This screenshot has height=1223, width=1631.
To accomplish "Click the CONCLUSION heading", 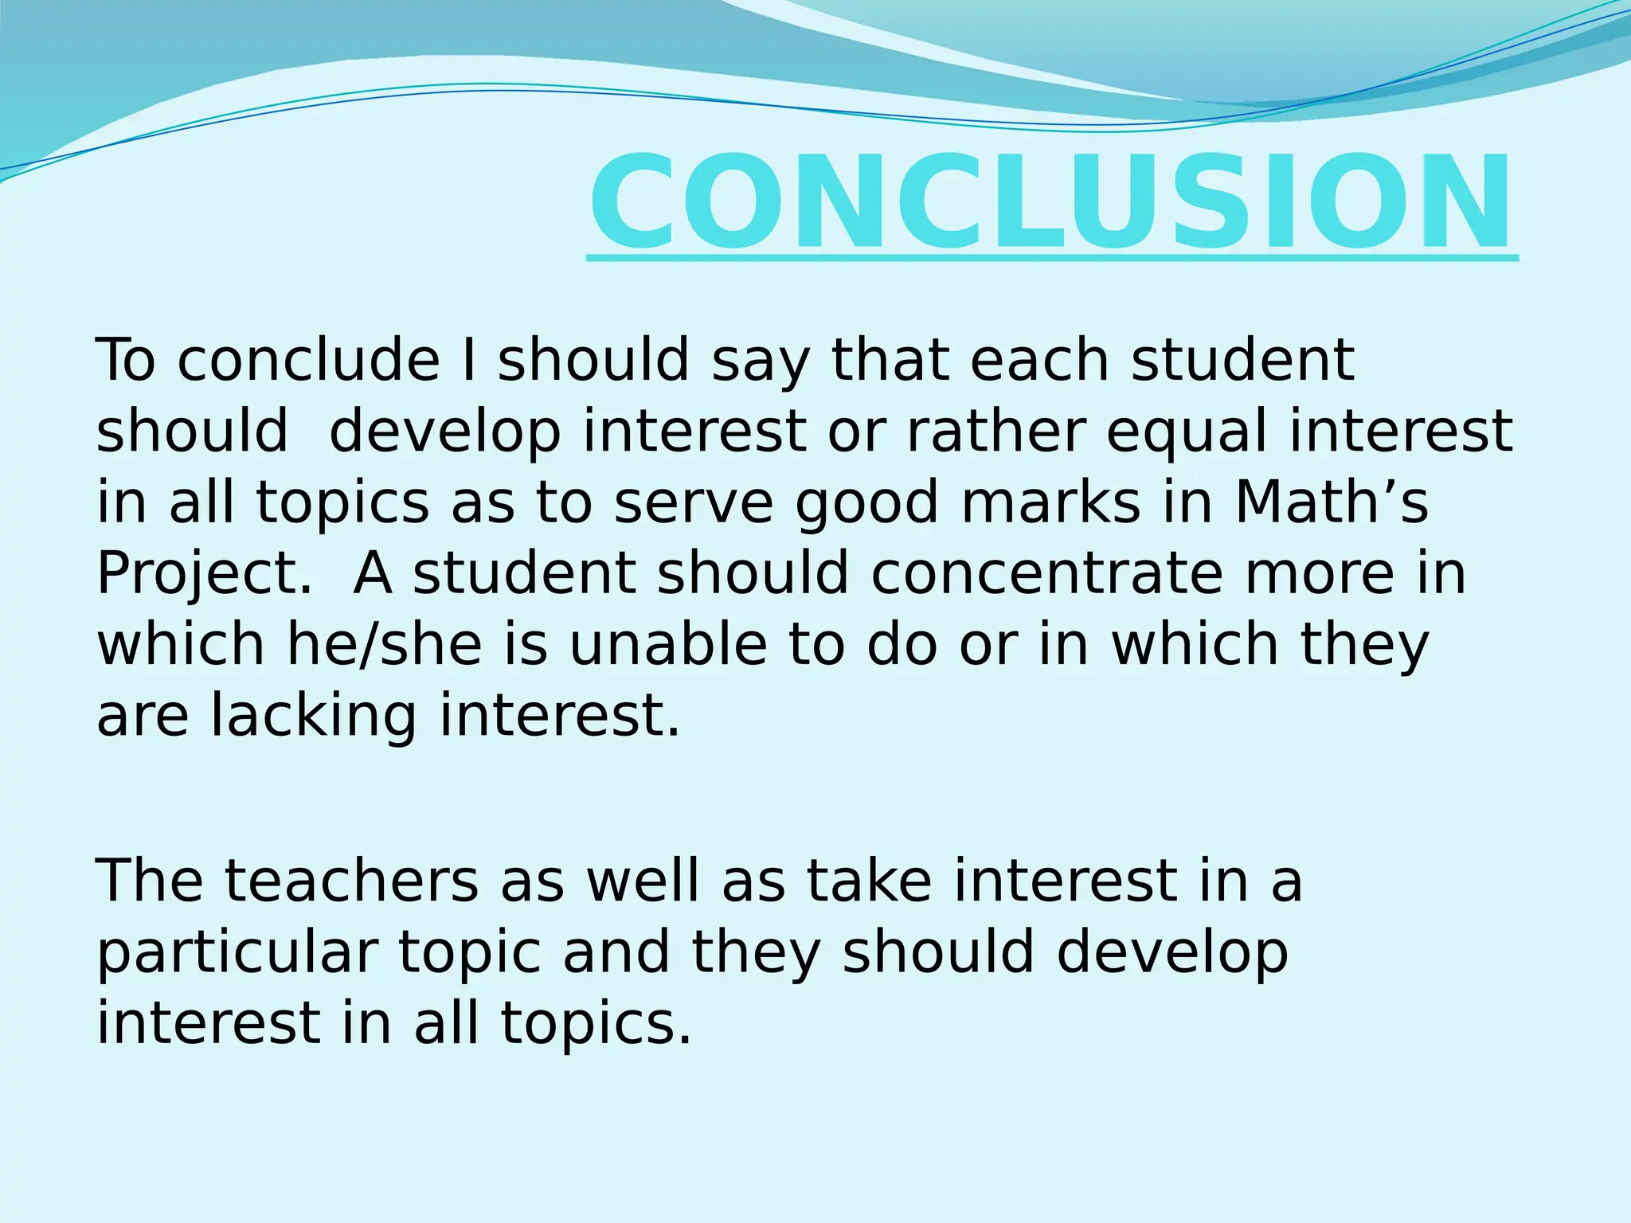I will click(x=1050, y=202).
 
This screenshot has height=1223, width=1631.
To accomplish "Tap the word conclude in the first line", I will click(x=308, y=360).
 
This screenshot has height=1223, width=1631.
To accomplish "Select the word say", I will click(x=760, y=360).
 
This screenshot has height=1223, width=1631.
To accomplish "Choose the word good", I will click(x=867, y=503).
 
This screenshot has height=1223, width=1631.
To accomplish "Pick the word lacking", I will click(x=313, y=715).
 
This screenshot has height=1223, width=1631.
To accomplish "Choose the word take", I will click(x=869, y=881).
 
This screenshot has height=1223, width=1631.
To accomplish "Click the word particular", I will click(x=237, y=952).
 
